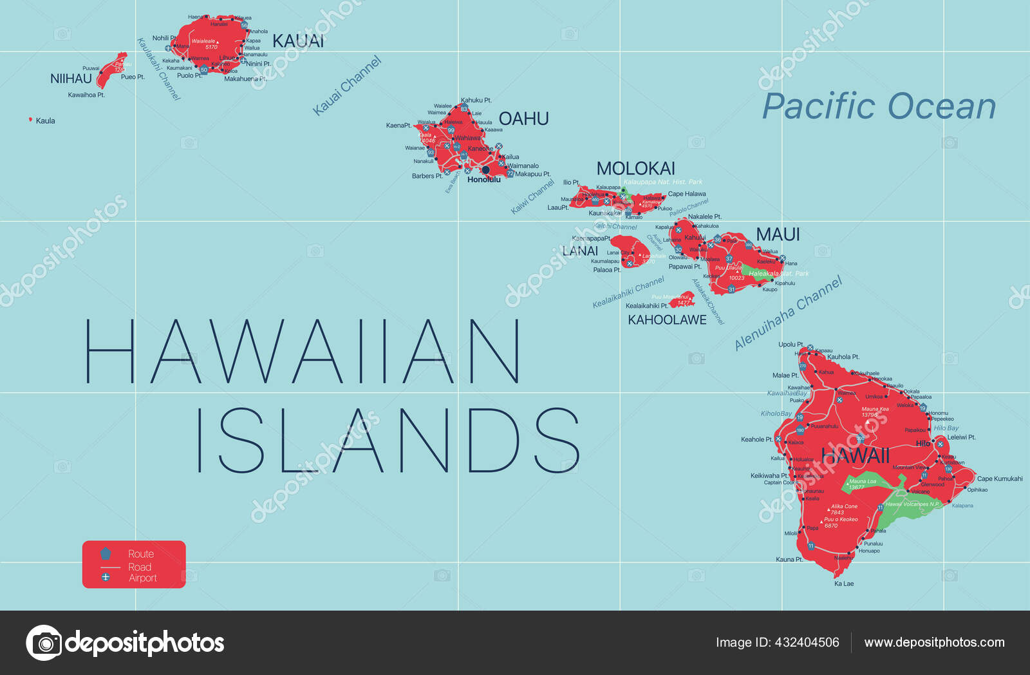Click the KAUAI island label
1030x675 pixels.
pos(298,41)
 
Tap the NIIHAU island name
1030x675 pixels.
pos(71,79)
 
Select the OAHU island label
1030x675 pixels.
pos(523,119)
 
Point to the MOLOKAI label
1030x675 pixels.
pos(635,169)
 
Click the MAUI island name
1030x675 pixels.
pos(778,234)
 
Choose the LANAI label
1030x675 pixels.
pos(580,251)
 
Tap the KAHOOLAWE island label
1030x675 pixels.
pos(667,320)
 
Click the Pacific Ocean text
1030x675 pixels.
pos(879,107)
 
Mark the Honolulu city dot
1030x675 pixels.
pos(485,170)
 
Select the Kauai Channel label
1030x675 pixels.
pos(347,86)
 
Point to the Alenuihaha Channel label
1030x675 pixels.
pos(788,314)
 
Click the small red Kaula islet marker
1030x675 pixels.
pos(30,120)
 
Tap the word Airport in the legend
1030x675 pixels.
pos(142,578)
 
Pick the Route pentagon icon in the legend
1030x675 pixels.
pos(106,553)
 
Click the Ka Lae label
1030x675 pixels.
pos(843,584)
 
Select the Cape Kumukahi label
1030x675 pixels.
pos(999,479)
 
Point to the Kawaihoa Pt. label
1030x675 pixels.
pos(86,95)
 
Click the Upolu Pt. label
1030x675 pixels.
pos(791,345)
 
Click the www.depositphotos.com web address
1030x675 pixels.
pos(934,642)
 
